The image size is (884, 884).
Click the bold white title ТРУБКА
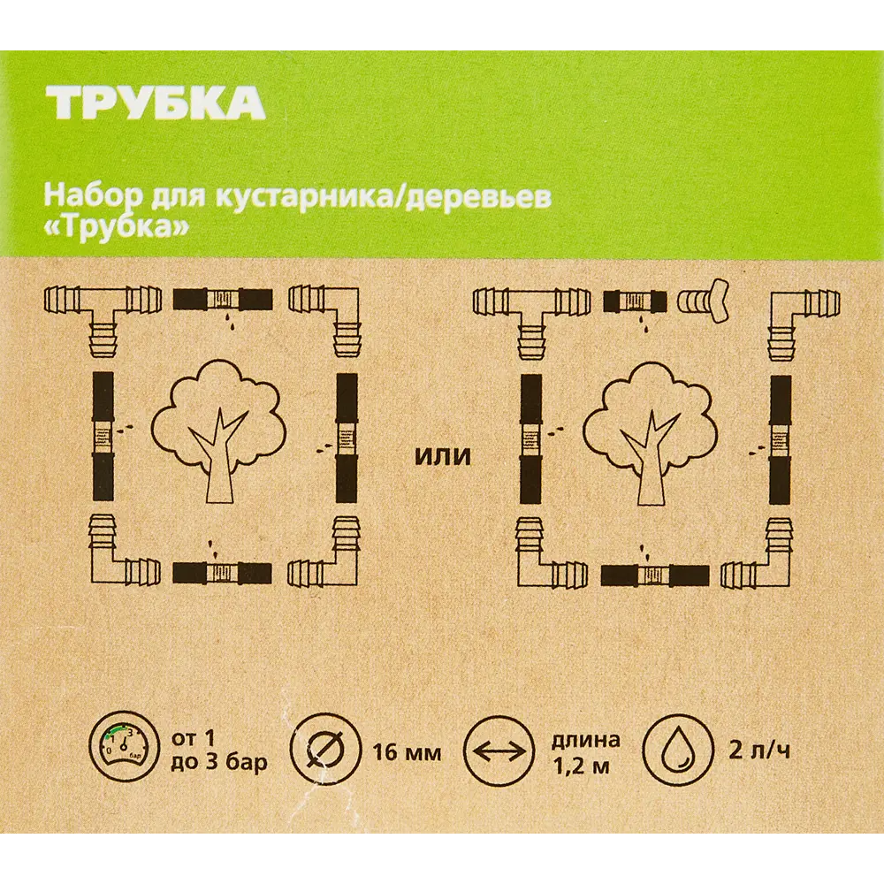(156, 104)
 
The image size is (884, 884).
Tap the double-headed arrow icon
(499, 751)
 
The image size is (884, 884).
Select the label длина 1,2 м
(585, 752)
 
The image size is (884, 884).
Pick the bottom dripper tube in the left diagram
(222, 572)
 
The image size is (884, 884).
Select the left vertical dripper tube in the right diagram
(530, 438)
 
